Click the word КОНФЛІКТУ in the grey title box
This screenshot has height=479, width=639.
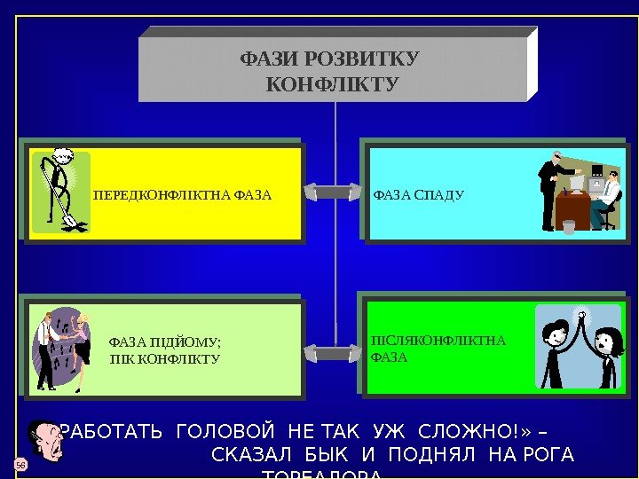pyautogui.click(x=333, y=85)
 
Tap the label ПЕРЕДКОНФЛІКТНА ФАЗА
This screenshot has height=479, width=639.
pyautogui.click(x=182, y=194)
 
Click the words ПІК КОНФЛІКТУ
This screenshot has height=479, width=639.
pyautogui.click(x=164, y=359)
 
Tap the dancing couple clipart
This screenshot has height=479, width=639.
pyautogui.click(x=63, y=349)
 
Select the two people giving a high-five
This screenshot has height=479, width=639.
pyautogui.click(x=579, y=346)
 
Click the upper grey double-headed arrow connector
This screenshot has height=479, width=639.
pyautogui.click(x=334, y=192)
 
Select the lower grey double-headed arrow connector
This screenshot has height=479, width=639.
pyautogui.click(x=334, y=353)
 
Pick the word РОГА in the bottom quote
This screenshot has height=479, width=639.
pyautogui.click(x=550, y=456)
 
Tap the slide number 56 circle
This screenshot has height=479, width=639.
pyautogui.click(x=19, y=465)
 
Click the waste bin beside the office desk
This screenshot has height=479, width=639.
pyautogui.click(x=568, y=227)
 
